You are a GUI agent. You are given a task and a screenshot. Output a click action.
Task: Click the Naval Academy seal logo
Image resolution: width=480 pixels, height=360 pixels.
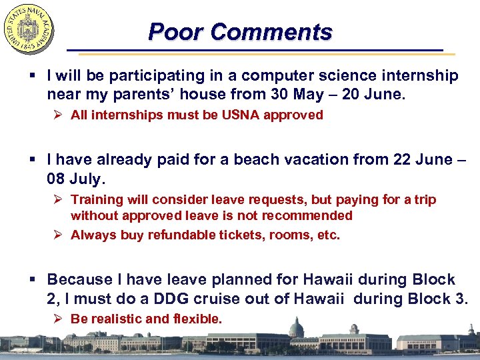coord(29,29)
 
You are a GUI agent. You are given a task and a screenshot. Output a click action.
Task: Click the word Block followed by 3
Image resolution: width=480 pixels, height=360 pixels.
coord(427,299)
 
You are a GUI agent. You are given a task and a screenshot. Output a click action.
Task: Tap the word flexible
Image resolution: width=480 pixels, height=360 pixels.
coord(197,319)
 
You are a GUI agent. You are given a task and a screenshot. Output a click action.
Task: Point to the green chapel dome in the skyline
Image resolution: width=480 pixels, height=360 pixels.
coord(296,328)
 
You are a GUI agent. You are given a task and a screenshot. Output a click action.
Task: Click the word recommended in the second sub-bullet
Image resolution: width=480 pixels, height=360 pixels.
coord(312,216)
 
